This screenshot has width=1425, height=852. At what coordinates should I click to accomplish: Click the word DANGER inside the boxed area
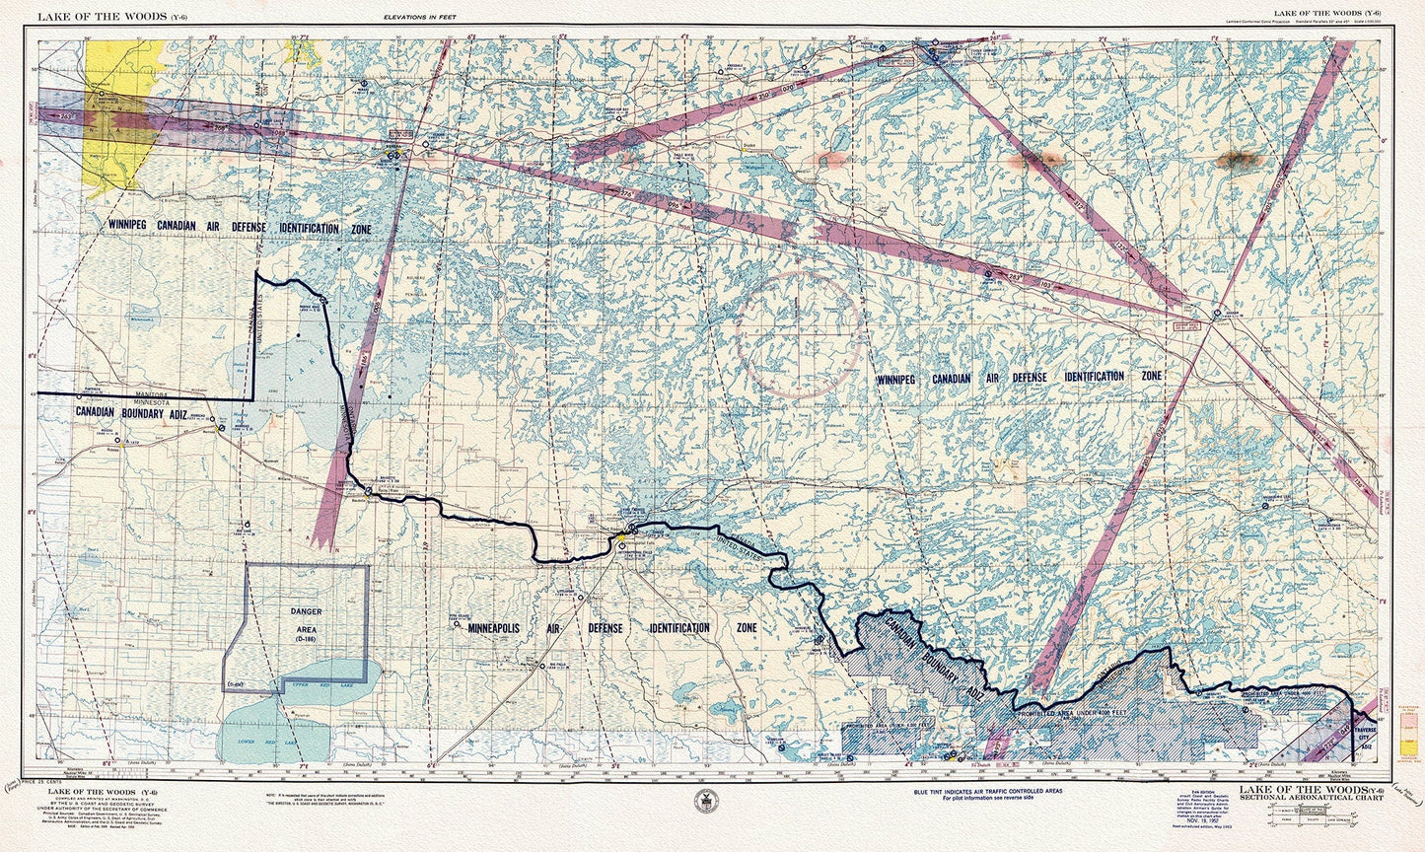click(306, 611)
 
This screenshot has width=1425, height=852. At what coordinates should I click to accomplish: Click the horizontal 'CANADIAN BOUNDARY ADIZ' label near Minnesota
click(130, 412)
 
